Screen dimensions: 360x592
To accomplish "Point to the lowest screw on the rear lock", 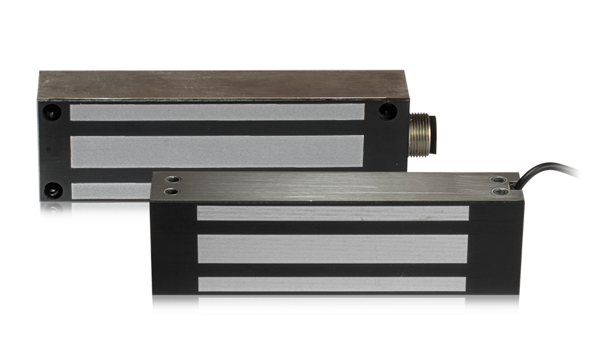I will pos(52,210).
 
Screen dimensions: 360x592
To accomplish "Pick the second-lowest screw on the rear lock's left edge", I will pos(52,188).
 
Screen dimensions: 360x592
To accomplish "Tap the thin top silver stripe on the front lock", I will pos(333,213).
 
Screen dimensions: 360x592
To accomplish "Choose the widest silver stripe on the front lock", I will pos(333,248).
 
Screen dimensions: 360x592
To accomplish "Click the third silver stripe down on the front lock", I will pos(333,284).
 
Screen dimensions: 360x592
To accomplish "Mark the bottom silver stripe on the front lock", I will pos(333,305).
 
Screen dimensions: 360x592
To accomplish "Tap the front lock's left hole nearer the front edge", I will pos(171,192).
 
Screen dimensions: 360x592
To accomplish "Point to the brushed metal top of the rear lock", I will pos(216,85).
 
